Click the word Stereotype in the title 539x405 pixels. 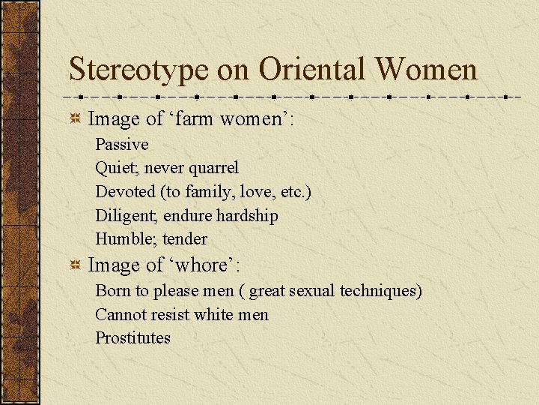pyautogui.click(x=139, y=70)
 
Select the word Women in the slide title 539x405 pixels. pyautogui.click(x=426, y=69)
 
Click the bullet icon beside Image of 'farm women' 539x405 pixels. pyautogui.click(x=75, y=118)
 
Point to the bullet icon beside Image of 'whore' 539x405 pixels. pyautogui.click(x=75, y=265)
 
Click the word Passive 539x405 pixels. pyautogui.click(x=122, y=144)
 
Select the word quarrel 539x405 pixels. pyautogui.click(x=213, y=168)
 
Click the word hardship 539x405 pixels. pyautogui.click(x=247, y=216)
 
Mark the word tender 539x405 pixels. pyautogui.click(x=185, y=239)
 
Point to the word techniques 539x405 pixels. pyautogui.click(x=380, y=290)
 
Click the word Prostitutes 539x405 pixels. pyautogui.click(x=133, y=337)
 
